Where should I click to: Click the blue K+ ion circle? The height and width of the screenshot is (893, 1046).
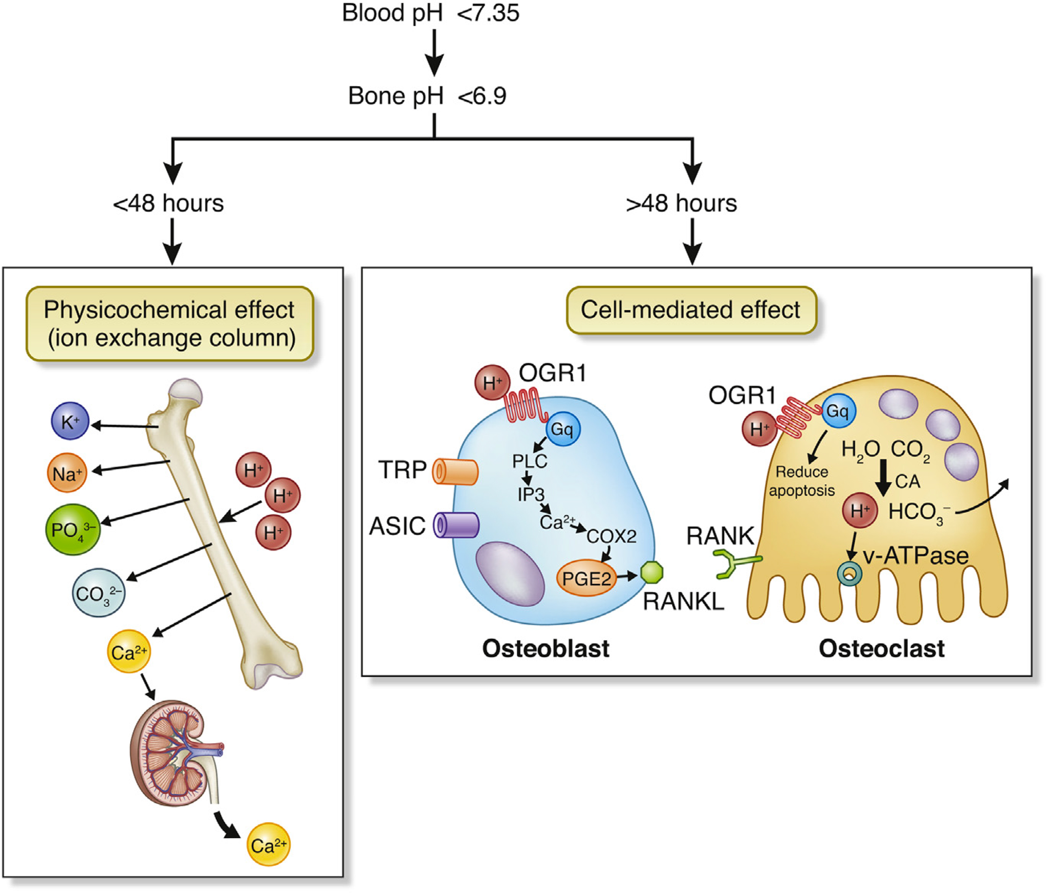70,421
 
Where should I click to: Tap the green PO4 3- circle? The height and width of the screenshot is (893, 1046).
73,529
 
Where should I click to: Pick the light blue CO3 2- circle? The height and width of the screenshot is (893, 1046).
98,593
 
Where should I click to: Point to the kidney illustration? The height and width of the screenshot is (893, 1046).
174,753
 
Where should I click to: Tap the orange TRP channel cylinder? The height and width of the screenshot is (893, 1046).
455,472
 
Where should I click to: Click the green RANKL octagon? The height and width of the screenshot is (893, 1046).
651,572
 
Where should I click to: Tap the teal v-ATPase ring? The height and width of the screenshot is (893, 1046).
850,573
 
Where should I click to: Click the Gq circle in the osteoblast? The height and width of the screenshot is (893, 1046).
563,429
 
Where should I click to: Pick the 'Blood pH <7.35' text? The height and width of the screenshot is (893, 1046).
430,13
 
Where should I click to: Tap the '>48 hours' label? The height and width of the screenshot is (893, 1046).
681,203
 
